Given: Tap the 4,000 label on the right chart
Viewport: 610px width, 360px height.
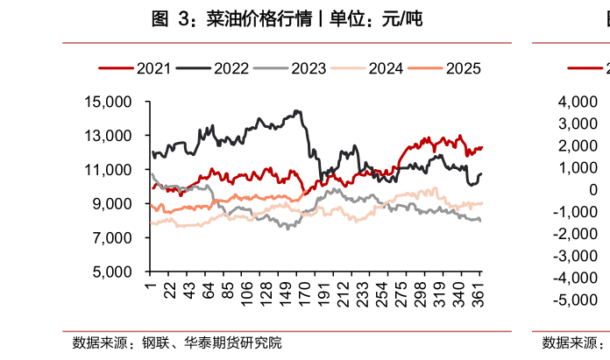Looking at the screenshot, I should tap(576, 102).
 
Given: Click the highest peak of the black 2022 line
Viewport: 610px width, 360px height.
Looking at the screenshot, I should tap(298, 111).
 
